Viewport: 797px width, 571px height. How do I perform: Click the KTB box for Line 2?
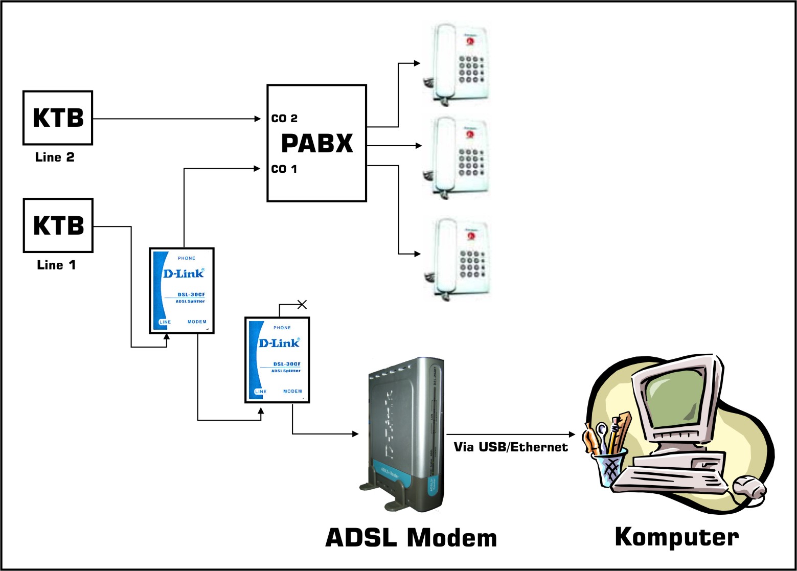pos(58,118)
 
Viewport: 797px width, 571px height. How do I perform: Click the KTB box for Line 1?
pos(58,225)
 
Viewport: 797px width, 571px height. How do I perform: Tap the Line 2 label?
pos(55,157)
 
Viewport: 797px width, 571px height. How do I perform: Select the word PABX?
pos(317,143)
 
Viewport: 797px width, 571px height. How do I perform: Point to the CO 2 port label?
pos(284,119)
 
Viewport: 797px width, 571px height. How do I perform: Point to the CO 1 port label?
pos(284,169)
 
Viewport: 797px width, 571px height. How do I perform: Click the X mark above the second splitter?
pos(302,305)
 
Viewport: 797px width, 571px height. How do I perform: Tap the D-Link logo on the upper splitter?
pos(183,273)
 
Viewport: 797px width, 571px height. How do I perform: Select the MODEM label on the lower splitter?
pos(292,392)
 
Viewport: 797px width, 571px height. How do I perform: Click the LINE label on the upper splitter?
pos(165,322)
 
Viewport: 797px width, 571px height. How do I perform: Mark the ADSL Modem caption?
pos(411,538)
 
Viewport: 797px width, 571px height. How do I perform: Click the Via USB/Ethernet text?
pos(511,447)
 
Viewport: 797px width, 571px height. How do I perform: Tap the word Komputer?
pos(676,537)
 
